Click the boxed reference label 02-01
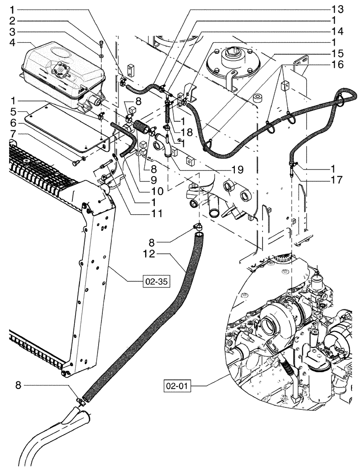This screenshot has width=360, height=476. [178, 385]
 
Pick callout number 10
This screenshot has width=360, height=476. [157, 191]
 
